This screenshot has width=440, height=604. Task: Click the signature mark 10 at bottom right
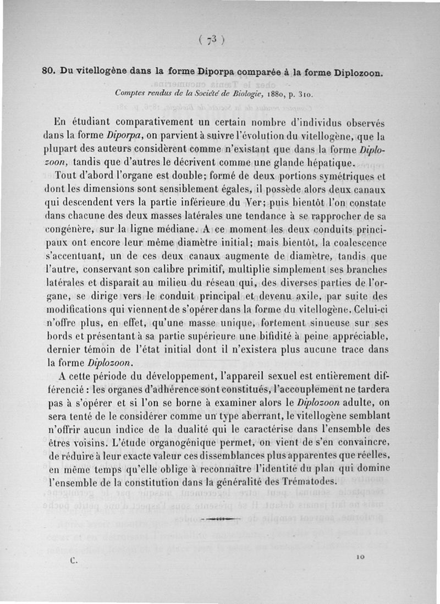[x=360, y=557]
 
